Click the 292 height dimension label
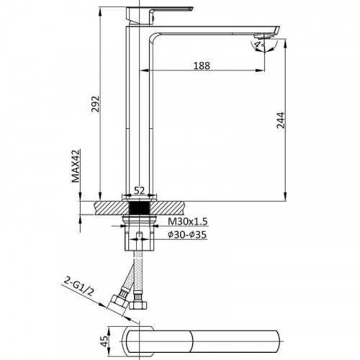click(x=95, y=104)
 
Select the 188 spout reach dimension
click(x=202, y=66)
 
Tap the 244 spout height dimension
click(x=281, y=120)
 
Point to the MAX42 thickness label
click(x=76, y=166)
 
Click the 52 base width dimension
click(x=139, y=190)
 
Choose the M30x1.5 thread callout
click(x=187, y=221)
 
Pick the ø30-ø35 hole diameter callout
click(x=187, y=235)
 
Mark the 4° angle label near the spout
click(x=258, y=45)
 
